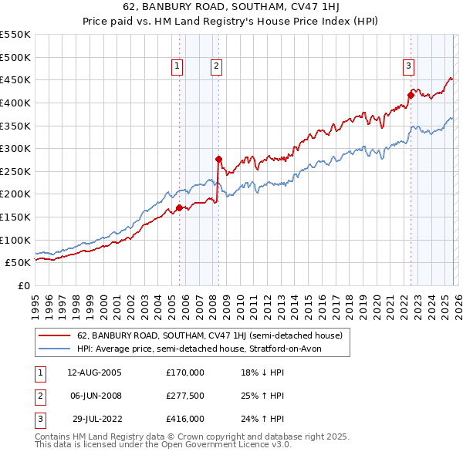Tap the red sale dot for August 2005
[179, 207]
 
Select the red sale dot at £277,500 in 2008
[218, 159]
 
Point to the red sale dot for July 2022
[411, 95]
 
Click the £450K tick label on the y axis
[15, 79]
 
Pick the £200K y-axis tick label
[15, 194]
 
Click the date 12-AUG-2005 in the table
[94, 372]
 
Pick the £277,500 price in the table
[185, 396]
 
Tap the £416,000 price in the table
[185, 419]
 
